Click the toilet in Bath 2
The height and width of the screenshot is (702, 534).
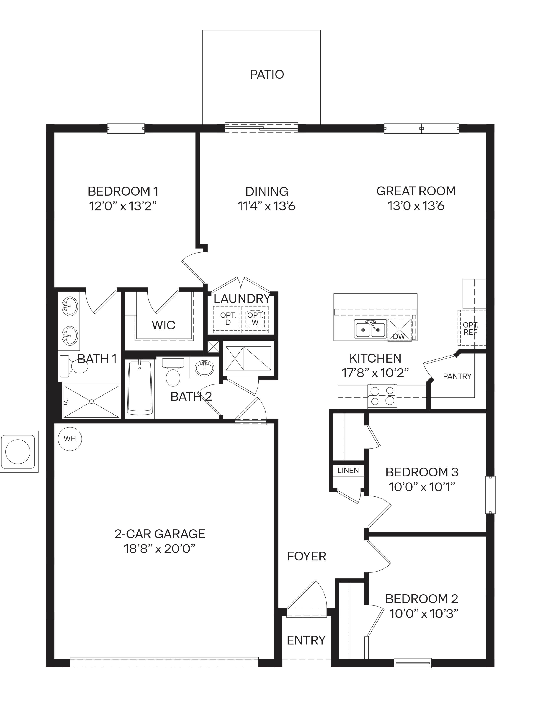tap(173, 372)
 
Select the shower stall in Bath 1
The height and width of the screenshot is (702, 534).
tap(91, 401)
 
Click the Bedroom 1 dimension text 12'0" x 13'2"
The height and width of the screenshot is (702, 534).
tap(123, 206)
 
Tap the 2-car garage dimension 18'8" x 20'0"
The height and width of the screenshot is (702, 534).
tap(159, 548)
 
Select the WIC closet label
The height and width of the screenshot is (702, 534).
tap(163, 325)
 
